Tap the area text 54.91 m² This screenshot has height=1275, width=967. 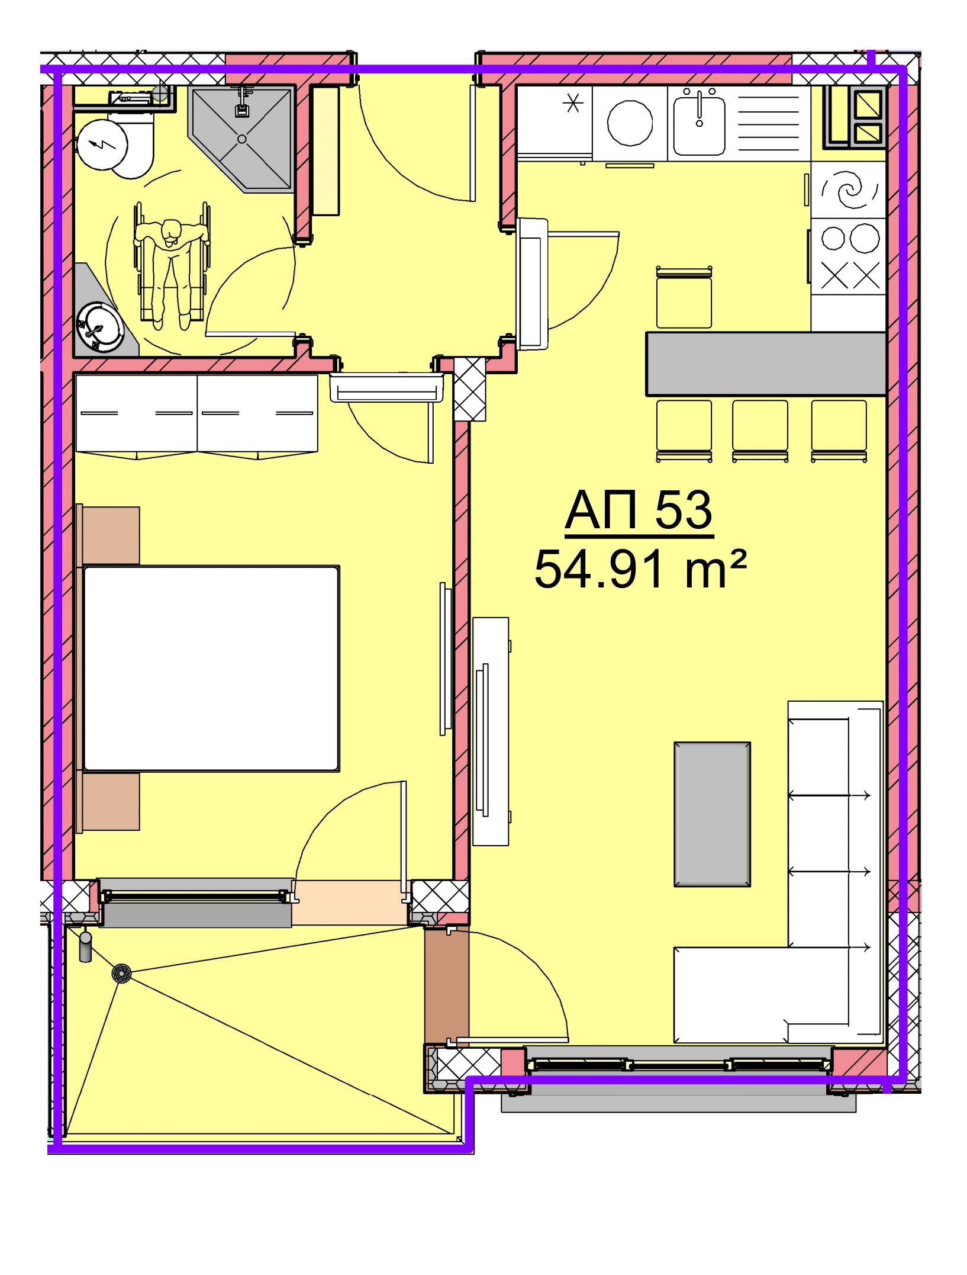click(640, 569)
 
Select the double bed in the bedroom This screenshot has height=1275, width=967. click(211, 669)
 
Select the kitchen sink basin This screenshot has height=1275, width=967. click(699, 123)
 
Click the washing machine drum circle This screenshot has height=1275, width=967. click(630, 123)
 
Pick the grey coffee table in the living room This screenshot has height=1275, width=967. click(712, 814)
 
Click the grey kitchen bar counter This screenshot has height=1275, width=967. click(766, 363)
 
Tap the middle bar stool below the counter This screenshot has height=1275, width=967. click(760, 431)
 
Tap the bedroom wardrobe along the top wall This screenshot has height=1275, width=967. click(197, 415)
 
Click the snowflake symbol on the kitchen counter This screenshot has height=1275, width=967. click(572, 104)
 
